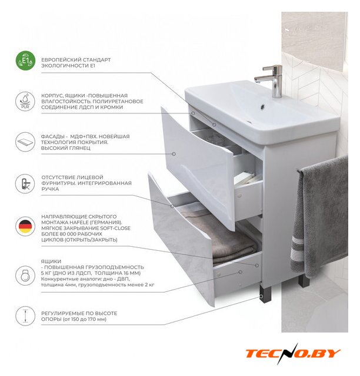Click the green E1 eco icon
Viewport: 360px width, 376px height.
point(25,61)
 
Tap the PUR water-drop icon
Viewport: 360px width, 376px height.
point(25,102)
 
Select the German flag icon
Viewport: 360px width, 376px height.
point(25,226)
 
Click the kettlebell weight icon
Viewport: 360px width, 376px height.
point(25,276)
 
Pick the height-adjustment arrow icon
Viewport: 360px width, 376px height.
point(25,316)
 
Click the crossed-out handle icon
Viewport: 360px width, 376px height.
point(25,184)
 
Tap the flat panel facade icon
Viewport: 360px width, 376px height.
point(25,142)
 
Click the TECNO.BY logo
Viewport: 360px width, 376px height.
point(293,354)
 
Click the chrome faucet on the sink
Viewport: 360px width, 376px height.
point(271,81)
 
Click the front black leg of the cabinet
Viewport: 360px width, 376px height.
point(265,294)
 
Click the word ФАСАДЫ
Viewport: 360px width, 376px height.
point(53,137)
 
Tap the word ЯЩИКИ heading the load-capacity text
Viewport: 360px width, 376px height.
point(51,261)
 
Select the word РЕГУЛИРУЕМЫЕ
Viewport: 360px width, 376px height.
point(60,313)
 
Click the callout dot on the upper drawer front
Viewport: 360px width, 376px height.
point(174,154)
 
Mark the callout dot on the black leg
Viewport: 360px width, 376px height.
point(261,297)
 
